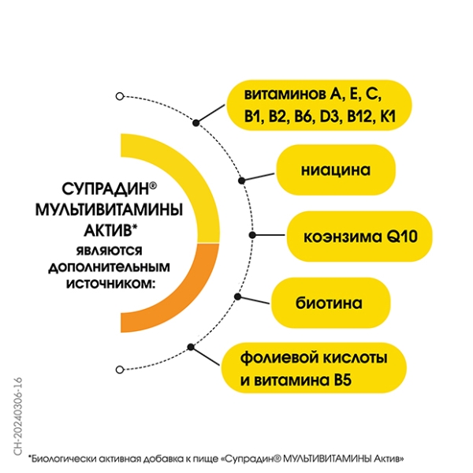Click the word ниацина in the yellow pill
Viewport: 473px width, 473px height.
click(x=336, y=170)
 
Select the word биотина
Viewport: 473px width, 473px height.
click(x=329, y=303)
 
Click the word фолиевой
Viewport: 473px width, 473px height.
click(x=279, y=359)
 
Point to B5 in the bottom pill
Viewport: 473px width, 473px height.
click(x=343, y=380)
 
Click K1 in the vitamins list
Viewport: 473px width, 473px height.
click(x=388, y=117)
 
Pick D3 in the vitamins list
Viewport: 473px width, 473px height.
click(x=330, y=117)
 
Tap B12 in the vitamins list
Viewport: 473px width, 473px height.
click(x=360, y=117)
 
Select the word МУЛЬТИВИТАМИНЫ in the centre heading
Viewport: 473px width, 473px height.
click(x=110, y=210)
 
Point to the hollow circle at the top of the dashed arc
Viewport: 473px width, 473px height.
click(x=120, y=96)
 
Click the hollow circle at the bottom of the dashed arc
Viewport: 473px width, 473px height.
click(x=120, y=370)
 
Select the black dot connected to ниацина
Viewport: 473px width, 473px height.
click(x=242, y=181)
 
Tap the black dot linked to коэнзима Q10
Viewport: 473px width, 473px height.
click(x=252, y=235)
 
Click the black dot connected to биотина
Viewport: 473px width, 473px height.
click(x=238, y=296)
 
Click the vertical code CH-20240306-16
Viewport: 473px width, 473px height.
click(x=18, y=416)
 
